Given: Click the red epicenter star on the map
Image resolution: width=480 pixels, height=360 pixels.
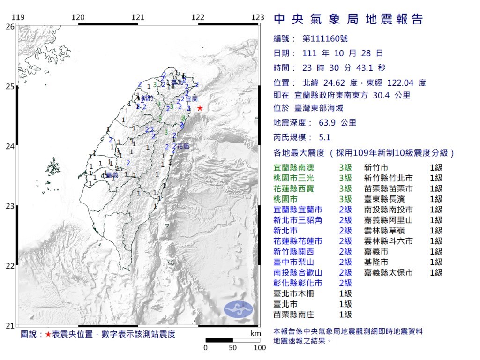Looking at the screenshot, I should click(x=200, y=108).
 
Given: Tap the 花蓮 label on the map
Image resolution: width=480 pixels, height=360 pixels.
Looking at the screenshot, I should click(x=182, y=147).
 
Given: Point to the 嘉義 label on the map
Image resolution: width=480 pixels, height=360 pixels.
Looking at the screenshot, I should click(x=112, y=175).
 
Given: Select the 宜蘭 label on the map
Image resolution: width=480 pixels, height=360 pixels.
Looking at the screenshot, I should click(x=191, y=99).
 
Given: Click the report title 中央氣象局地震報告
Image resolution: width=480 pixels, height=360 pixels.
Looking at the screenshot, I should click(x=348, y=19).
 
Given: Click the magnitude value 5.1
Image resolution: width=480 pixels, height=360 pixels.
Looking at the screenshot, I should click(x=325, y=137).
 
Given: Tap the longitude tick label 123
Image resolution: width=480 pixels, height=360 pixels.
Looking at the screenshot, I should click(x=257, y=18).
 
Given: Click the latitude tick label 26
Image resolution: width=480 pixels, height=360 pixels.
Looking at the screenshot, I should click(x=9, y=27).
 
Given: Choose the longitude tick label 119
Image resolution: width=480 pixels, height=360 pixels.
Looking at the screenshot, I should click(x=18, y=18).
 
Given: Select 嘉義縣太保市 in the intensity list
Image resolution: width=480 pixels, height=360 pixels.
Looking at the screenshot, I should click(x=389, y=272).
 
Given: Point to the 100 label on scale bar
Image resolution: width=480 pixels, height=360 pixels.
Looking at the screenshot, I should click(x=260, y=348).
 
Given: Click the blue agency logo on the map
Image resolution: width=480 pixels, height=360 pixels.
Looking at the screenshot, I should click(x=238, y=308).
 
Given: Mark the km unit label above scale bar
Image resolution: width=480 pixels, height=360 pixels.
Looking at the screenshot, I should click(x=255, y=333).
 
